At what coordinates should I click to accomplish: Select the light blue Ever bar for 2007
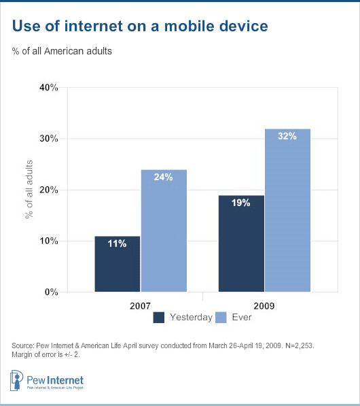point(164,231)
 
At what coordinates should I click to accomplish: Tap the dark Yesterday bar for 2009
point(240,244)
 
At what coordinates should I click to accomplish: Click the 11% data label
point(116,244)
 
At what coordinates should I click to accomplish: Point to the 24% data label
point(164,178)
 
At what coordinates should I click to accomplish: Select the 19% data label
point(240,203)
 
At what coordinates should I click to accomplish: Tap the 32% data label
point(287,137)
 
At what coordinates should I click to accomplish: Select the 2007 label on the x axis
point(140,305)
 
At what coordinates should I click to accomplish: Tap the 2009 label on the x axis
point(264,305)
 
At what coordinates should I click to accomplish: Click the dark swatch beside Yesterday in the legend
point(159,317)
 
